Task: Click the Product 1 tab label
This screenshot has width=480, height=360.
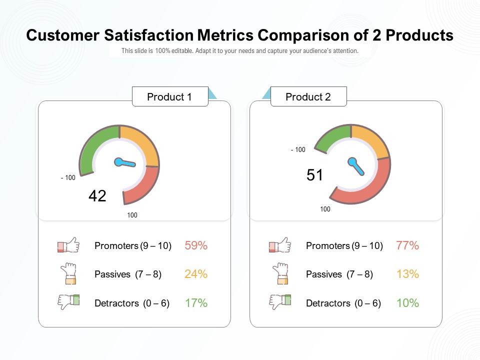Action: [x=169, y=97]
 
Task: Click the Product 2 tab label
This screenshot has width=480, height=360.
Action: [x=308, y=97]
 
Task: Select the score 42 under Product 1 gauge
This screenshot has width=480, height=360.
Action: [x=97, y=196]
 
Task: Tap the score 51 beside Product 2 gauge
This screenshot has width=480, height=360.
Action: [x=315, y=175]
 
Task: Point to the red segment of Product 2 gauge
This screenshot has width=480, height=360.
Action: [x=370, y=187]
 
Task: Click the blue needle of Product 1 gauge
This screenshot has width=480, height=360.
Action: [x=125, y=162]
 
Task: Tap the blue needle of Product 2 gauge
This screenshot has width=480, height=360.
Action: [x=356, y=166]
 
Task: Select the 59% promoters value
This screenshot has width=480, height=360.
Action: [x=196, y=245]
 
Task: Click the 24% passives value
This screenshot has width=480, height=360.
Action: [x=196, y=274]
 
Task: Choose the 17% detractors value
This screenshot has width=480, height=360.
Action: [x=196, y=303]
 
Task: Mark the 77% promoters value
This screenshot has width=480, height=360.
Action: [x=407, y=245]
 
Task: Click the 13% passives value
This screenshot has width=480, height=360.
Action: [x=407, y=274]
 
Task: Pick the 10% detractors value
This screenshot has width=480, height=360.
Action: [x=407, y=303]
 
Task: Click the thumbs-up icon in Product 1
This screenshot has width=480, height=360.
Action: [x=68, y=245]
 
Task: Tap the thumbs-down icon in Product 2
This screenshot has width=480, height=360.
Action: [x=280, y=302]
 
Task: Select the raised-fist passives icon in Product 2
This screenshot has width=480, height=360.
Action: [x=281, y=273]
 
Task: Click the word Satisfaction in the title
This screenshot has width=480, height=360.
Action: [x=148, y=35]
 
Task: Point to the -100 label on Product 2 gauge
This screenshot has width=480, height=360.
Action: [x=298, y=150]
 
